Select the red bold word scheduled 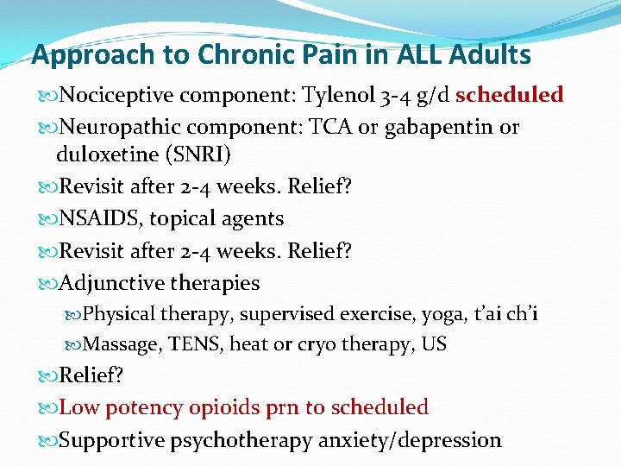(509, 94)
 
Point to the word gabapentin (433, 127)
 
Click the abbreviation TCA (326, 127)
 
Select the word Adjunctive (111, 282)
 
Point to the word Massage (122, 344)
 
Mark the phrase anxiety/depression (410, 439)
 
